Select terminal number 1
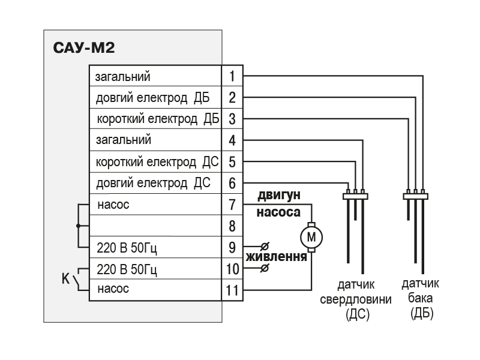[232, 76]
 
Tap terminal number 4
[232, 140]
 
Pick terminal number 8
[232, 226]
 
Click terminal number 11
[232, 290]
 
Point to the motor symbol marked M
[311, 236]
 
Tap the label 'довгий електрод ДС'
[152, 183]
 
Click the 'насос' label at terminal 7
[113, 205]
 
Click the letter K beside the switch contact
[67, 278]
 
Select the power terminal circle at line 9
[265, 247]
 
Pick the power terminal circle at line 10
[265, 268]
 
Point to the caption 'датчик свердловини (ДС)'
[356, 298]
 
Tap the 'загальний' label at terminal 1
[123, 76]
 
